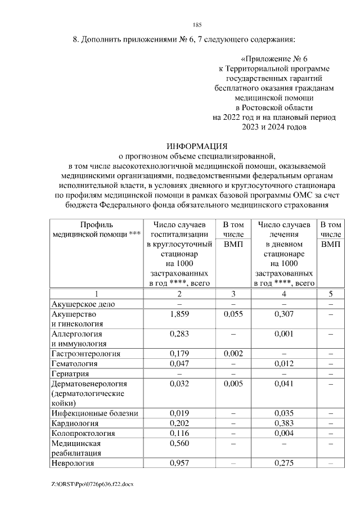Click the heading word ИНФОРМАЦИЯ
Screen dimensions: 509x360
point(196,145)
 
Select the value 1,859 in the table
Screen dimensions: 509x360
point(179,314)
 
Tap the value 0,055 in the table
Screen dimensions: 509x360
point(233,314)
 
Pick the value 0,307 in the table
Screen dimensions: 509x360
point(284,314)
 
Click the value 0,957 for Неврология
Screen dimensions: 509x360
point(179,463)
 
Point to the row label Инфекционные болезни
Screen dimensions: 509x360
point(94,413)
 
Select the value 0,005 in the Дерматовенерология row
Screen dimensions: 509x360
point(233,384)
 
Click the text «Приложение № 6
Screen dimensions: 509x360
point(274,58)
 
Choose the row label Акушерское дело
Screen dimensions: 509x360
point(83,304)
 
